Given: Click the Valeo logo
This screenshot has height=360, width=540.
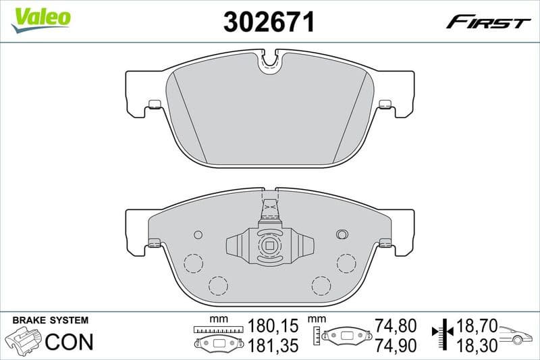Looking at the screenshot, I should click(x=41, y=18).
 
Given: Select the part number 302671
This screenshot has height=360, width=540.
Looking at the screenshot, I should click(x=269, y=22).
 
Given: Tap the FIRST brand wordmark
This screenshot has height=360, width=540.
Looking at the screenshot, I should click(x=488, y=22).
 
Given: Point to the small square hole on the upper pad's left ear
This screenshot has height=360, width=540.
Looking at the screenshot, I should click(x=155, y=104).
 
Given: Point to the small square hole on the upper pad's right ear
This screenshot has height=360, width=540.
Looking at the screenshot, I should click(x=385, y=104).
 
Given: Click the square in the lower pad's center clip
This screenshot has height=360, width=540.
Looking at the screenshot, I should click(x=270, y=246).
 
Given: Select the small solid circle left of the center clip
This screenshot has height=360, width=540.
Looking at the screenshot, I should click(x=198, y=234).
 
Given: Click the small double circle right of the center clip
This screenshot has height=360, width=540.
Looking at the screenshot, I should click(x=342, y=234).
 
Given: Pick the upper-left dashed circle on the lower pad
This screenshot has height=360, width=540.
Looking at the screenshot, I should click(x=194, y=262).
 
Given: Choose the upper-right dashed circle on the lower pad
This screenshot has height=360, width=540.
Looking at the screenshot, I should click(x=346, y=262).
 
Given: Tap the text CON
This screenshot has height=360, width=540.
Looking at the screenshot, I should click(x=69, y=342).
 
